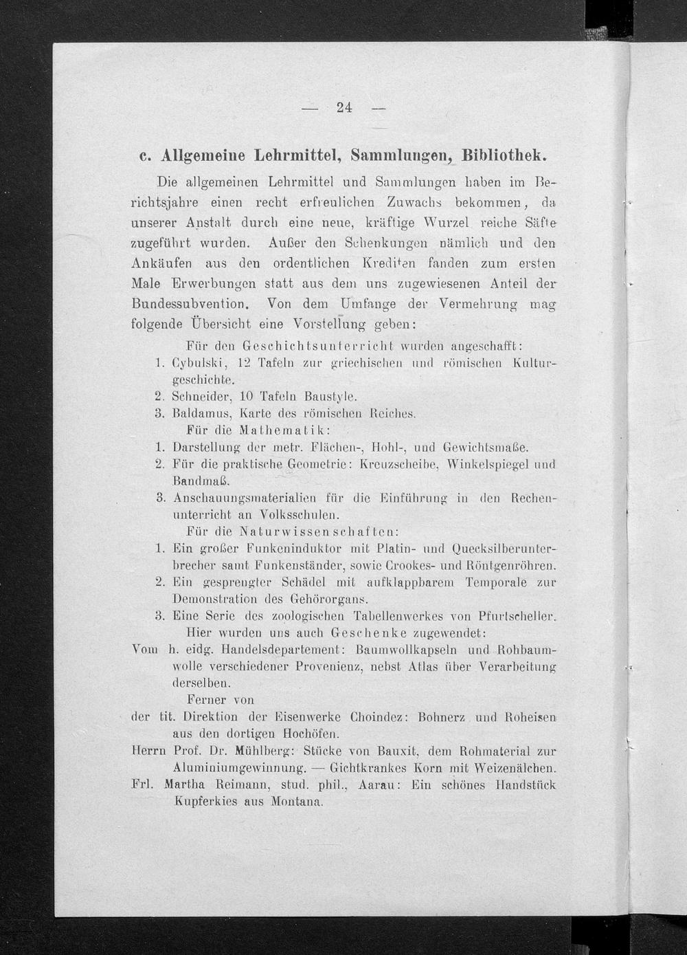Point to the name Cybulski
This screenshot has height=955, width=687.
[198, 362]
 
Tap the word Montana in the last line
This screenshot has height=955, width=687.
[297, 802]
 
